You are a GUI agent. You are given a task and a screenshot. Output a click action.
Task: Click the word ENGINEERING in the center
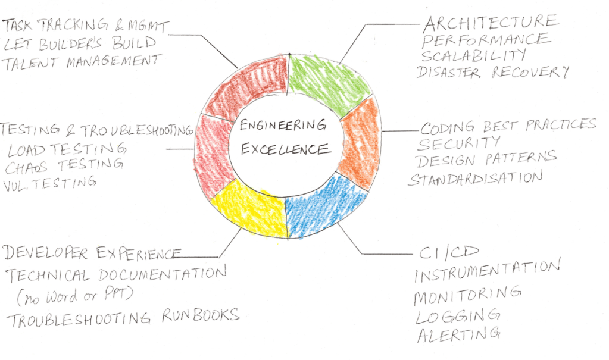coord(283,126)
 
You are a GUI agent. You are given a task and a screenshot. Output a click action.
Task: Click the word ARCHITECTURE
coord(490,23)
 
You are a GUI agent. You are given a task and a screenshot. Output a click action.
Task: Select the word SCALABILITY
coord(474,56)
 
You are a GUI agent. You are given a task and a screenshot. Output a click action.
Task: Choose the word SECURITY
coord(467,143)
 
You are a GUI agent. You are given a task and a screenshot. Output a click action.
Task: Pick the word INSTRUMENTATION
coord(486,273)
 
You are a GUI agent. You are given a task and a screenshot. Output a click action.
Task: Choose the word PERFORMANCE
coord(486,40)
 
